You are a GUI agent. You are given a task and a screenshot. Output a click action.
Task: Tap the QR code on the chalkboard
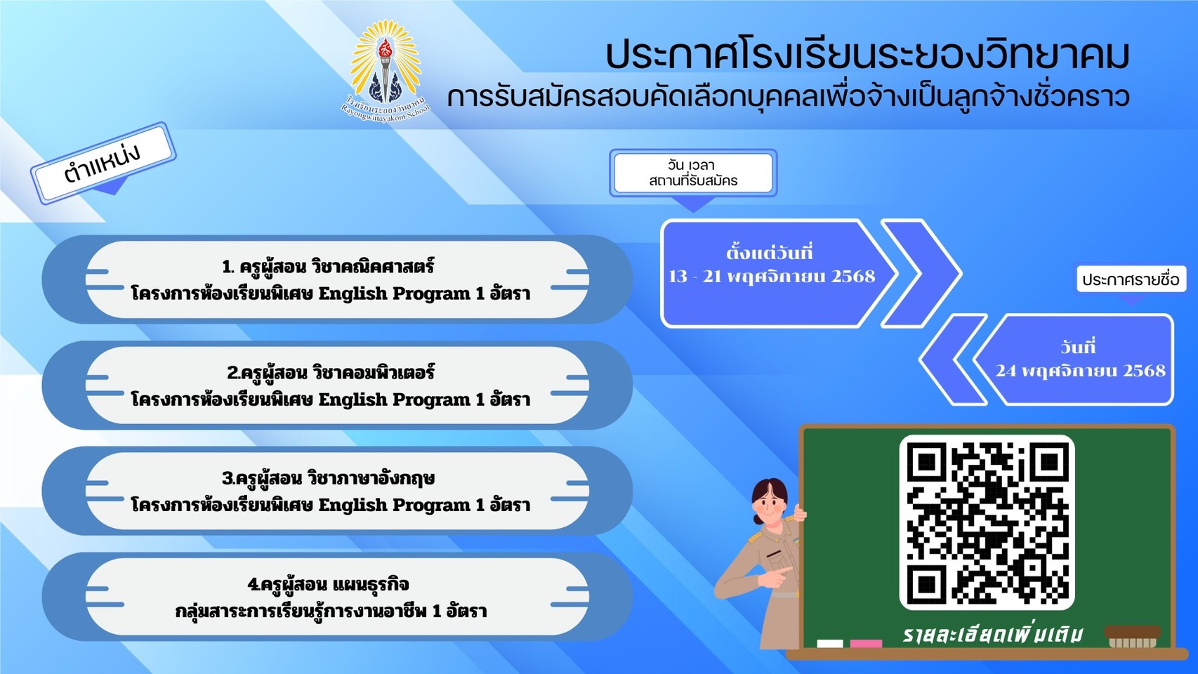pos(987,522)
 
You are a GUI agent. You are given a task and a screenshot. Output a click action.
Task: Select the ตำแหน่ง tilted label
pos(103,163)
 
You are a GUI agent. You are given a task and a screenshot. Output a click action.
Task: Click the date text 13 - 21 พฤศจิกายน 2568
pos(772,277)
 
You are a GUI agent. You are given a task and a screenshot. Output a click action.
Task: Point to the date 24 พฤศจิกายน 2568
pos(1080,371)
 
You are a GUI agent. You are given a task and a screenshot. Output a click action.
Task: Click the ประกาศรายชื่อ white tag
pos(1131,279)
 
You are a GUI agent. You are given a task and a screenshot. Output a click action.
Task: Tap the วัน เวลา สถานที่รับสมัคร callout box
pos(693,173)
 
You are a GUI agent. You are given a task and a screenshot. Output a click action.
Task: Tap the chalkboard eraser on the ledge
pos(1132,637)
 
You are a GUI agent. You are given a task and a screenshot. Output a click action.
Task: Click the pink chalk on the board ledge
pos(866,643)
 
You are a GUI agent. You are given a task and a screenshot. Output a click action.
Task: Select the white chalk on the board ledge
pos(829,643)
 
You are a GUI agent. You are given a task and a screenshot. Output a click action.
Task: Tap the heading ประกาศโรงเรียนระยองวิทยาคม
pos(867,55)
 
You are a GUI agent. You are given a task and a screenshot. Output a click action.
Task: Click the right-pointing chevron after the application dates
pos(921,273)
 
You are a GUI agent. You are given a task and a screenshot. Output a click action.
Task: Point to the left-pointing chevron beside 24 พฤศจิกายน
pos(953,359)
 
